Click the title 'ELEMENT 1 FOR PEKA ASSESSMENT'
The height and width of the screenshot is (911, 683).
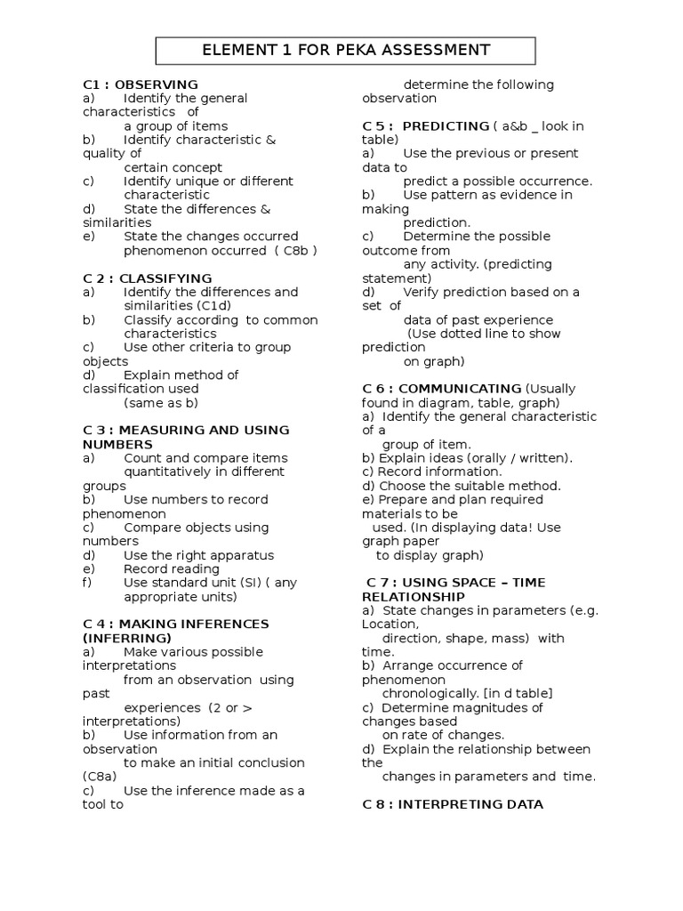click(x=347, y=50)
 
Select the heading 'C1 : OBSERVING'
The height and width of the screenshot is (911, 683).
click(x=140, y=85)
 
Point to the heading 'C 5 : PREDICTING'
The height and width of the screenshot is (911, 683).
click(x=425, y=126)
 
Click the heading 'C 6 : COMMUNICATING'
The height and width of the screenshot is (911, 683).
click(x=442, y=389)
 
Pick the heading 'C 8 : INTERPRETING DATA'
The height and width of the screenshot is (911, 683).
click(x=453, y=804)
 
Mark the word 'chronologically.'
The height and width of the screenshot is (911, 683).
click(x=430, y=693)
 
